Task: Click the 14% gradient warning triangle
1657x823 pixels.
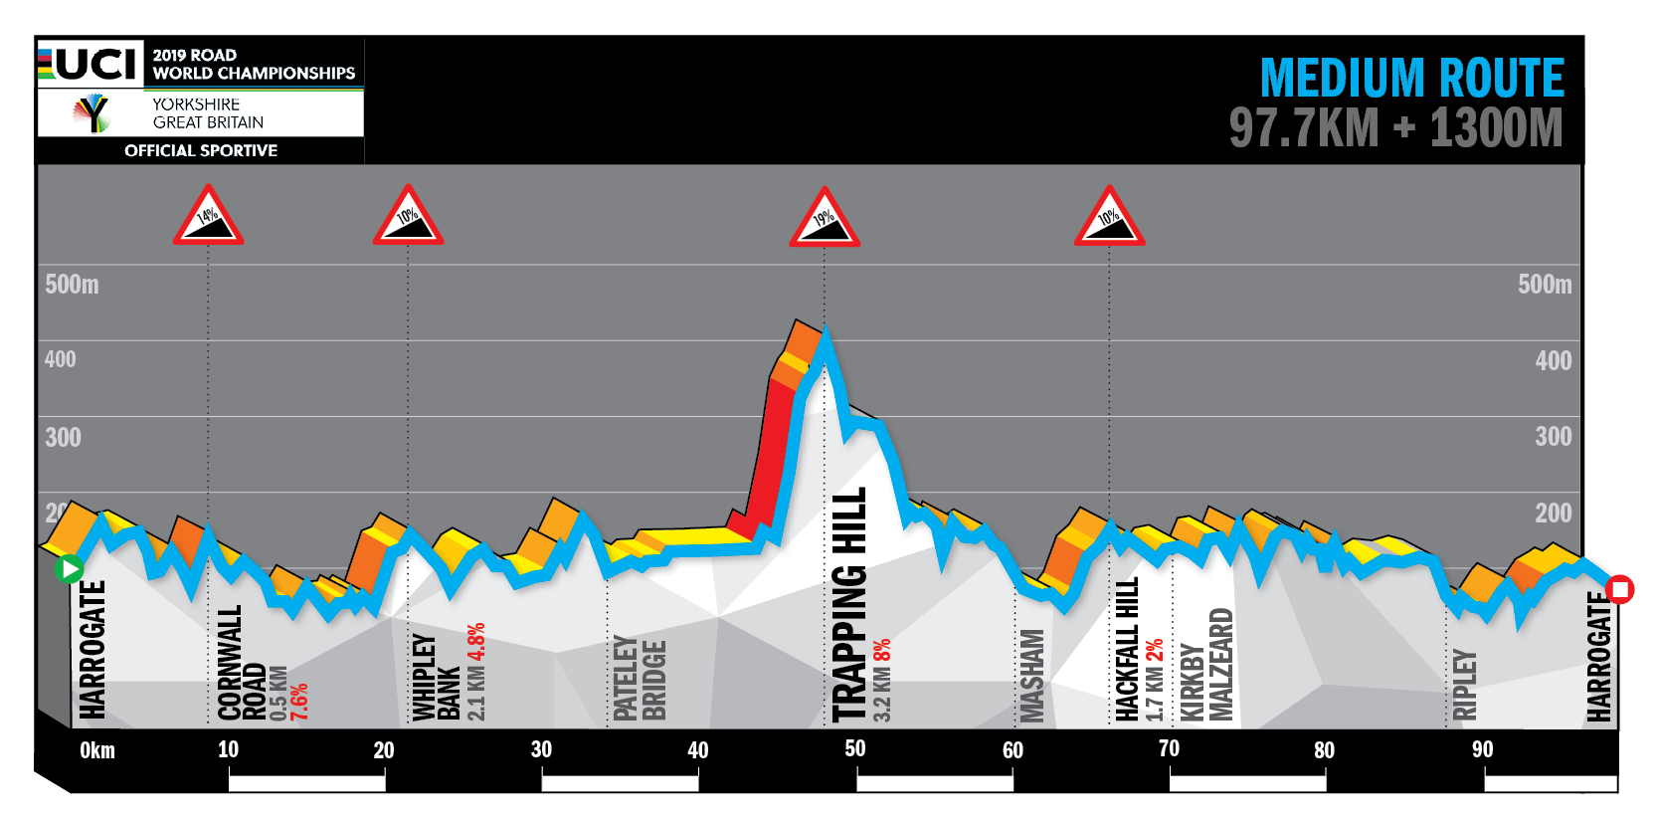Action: [x=208, y=218]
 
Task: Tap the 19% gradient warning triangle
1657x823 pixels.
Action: [x=825, y=220]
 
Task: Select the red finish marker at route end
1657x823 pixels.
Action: [x=1619, y=590]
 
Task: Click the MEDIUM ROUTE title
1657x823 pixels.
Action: [x=1411, y=78]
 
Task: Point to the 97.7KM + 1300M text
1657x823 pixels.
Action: [x=1395, y=128]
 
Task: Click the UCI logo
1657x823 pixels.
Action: [x=91, y=64]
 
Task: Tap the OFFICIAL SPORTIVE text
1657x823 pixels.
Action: [x=201, y=150]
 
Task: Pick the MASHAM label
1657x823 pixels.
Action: [x=1032, y=675]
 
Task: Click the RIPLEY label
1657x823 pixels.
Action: [x=1465, y=685]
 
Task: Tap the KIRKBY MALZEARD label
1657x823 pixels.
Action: [x=1205, y=665]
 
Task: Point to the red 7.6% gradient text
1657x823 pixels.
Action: [x=299, y=702]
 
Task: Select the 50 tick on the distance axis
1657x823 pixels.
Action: [x=855, y=748]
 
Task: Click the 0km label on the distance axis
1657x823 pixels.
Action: [x=97, y=750]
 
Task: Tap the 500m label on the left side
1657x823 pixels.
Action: [x=72, y=285]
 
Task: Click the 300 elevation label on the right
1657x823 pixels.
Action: [x=1553, y=437]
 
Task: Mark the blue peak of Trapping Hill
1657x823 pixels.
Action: [x=825, y=335]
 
